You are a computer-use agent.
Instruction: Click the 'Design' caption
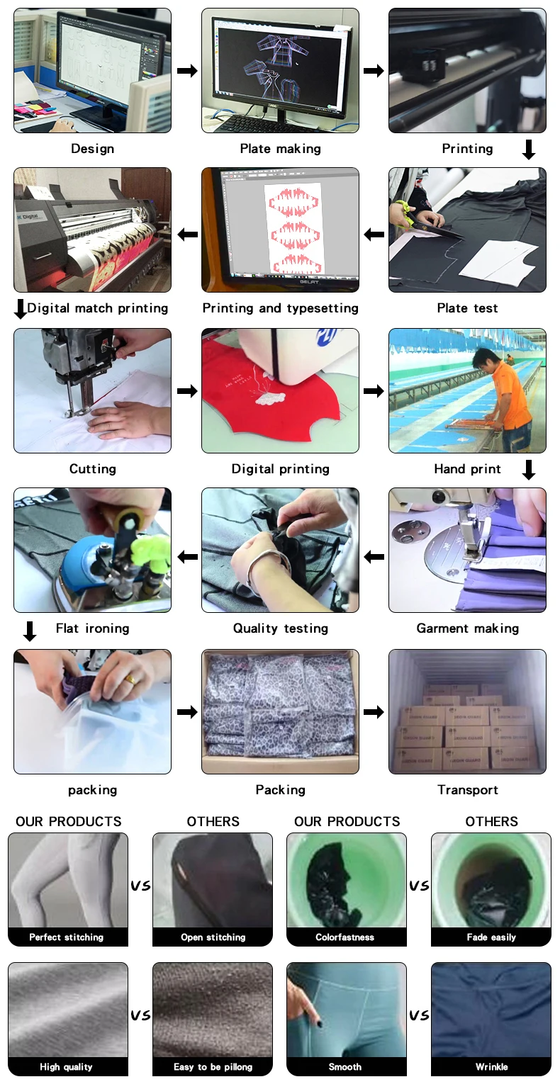pyautogui.click(x=92, y=149)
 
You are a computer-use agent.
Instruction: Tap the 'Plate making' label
pyautogui.click(x=280, y=149)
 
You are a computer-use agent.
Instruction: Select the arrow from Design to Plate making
pyautogui.click(x=187, y=71)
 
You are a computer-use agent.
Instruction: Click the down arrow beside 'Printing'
pyautogui.click(x=528, y=149)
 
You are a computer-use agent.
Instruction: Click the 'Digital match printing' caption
pyautogui.click(x=97, y=308)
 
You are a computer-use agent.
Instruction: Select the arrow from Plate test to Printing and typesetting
pyautogui.click(x=374, y=235)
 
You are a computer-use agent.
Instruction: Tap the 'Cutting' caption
pyautogui.click(x=92, y=468)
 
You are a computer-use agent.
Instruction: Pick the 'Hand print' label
pyautogui.click(x=467, y=468)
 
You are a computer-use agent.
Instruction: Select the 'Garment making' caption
pyautogui.click(x=468, y=628)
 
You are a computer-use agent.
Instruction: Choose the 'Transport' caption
pyautogui.click(x=468, y=789)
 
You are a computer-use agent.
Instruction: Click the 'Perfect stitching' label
pyautogui.click(x=66, y=937)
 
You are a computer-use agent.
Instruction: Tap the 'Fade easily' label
pyautogui.click(x=491, y=937)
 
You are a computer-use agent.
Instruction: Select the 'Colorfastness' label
pyautogui.click(x=345, y=937)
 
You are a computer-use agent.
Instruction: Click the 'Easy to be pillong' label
pyautogui.click(x=213, y=1066)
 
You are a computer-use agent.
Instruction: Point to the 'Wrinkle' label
pyautogui.click(x=491, y=1066)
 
